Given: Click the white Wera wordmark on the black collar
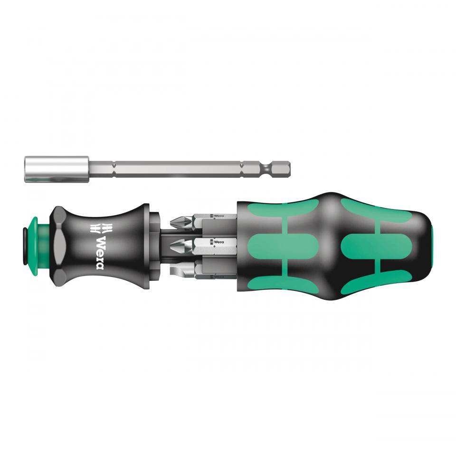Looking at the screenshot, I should pos(100,252).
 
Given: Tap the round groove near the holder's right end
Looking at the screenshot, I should pos(269,168).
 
